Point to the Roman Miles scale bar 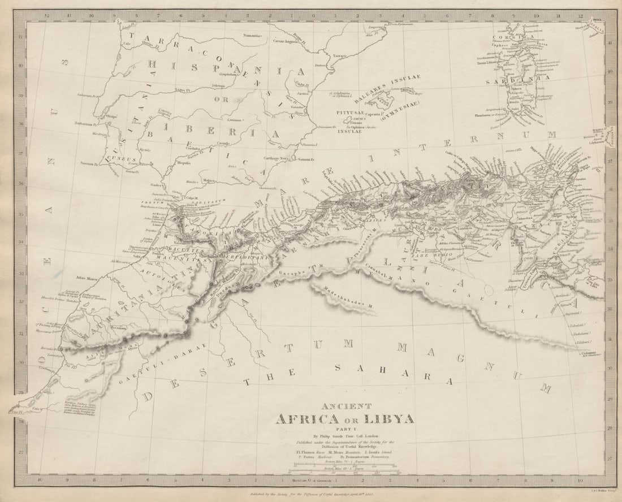(x=344, y=466)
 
